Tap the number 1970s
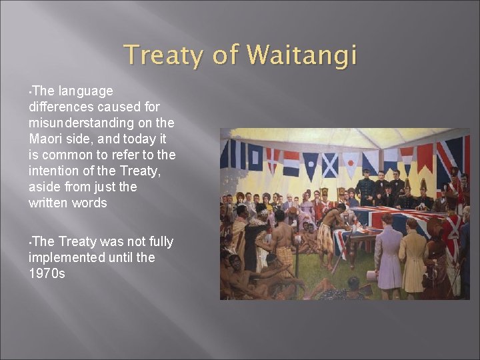47,273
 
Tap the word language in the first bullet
85,91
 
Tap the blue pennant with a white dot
311,165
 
